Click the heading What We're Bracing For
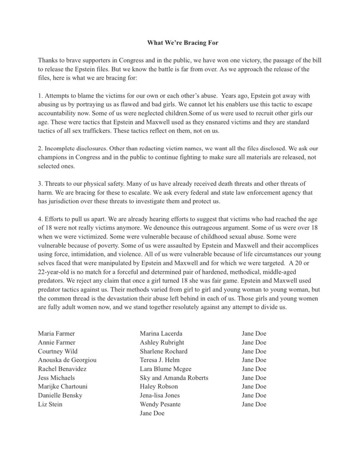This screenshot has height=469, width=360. click(182, 43)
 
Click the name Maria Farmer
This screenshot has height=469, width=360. click(56, 334)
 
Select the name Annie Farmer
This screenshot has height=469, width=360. click(56, 343)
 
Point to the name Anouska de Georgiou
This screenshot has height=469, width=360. click(67, 360)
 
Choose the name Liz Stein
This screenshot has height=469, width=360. click(50, 405)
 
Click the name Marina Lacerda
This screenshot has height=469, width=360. click(161, 334)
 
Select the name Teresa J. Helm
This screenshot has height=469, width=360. click(159, 360)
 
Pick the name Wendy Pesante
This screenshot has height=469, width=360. click(160, 405)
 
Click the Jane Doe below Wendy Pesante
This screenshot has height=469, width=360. click(152, 414)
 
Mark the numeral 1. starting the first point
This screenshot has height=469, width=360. click(40, 96)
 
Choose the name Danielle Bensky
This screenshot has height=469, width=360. click(60, 396)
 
